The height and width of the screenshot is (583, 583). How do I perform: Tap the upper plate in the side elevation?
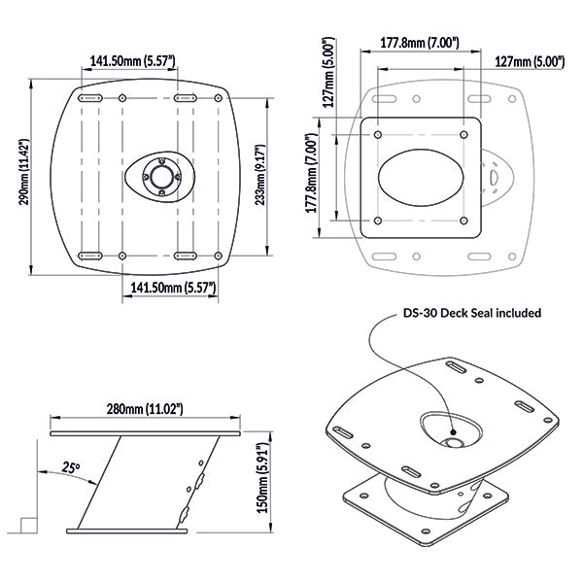tap(145, 429)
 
